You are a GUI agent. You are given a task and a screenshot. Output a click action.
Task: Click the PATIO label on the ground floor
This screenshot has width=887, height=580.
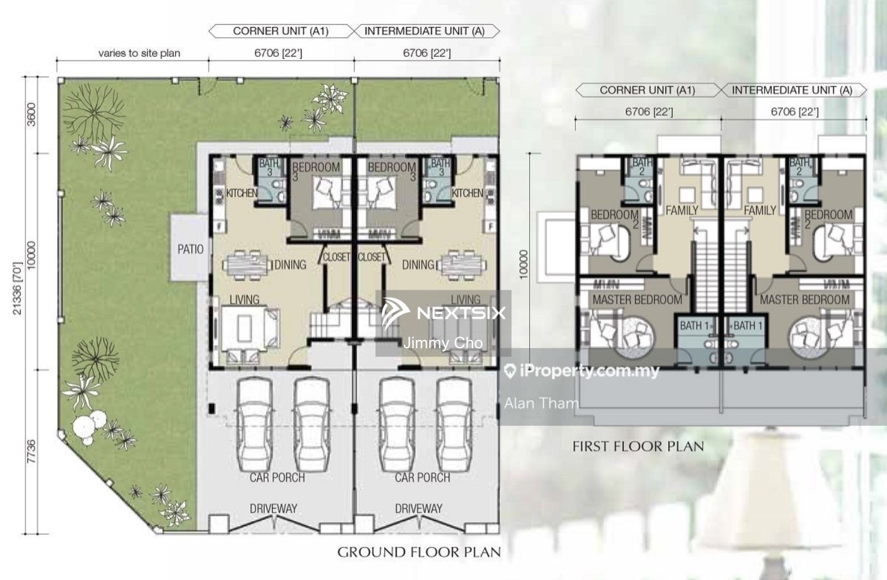(190, 250)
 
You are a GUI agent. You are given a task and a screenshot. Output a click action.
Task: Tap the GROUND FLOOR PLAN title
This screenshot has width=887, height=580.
(419, 552)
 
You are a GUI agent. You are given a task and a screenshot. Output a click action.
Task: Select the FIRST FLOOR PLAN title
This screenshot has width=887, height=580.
(638, 446)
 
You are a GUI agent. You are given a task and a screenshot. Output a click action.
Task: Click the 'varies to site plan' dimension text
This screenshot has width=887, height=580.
(139, 53)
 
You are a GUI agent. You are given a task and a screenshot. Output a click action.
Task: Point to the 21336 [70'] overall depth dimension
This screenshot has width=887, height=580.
(17, 289)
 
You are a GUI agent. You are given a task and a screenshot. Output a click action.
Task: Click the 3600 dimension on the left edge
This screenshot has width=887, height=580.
(31, 114)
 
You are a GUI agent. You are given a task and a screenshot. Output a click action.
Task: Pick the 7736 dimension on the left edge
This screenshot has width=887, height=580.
(31, 452)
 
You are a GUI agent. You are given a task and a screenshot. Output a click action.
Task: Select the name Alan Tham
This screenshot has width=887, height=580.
(541, 403)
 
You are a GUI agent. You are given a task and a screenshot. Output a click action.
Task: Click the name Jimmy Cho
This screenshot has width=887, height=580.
(442, 343)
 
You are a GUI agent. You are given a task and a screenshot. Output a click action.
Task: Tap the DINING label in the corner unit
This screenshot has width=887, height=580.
(290, 265)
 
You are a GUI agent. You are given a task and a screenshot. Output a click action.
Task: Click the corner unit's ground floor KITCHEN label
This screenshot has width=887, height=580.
(241, 193)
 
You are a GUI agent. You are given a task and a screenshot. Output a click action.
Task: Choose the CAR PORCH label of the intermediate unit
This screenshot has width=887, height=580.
(422, 478)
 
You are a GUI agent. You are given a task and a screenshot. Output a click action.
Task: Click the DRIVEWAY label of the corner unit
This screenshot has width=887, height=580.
(273, 508)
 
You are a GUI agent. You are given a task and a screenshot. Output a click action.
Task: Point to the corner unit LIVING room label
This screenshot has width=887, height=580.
(244, 300)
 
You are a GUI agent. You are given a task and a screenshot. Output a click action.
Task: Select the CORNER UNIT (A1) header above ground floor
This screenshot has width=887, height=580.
(280, 31)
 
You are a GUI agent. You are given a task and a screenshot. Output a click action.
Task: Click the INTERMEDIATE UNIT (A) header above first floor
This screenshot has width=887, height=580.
(792, 90)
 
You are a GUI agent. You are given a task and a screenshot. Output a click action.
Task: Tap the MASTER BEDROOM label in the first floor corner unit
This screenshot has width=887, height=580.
(637, 300)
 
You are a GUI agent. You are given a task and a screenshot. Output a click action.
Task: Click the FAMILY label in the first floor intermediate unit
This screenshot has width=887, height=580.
(759, 210)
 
